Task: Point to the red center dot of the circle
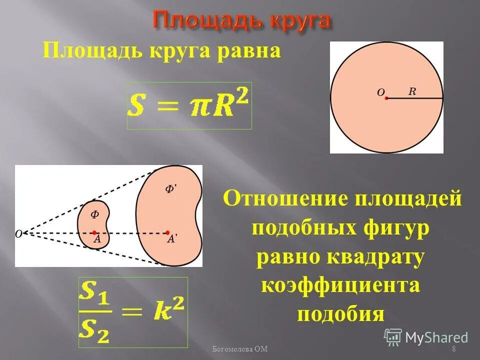(x=386, y=98)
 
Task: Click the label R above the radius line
(x=412, y=91)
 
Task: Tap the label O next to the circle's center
(x=380, y=92)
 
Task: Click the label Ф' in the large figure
(x=170, y=189)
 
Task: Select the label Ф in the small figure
(x=94, y=214)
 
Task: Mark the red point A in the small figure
(x=94, y=232)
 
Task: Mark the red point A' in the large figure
(x=167, y=232)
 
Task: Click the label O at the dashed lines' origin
(x=18, y=233)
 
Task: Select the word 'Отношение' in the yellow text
(x=285, y=199)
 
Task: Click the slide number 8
(x=453, y=349)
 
